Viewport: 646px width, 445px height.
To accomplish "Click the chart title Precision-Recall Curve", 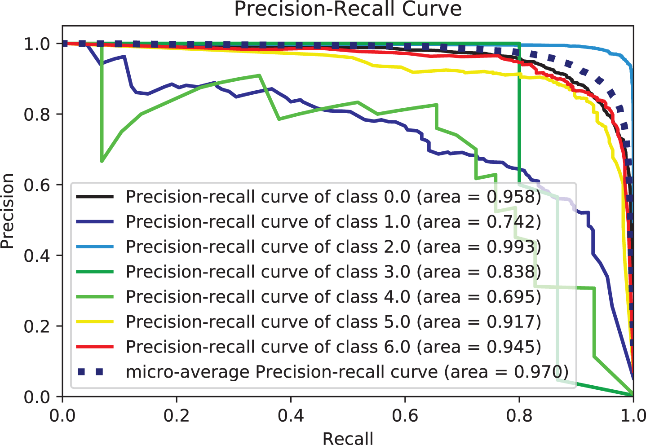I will pos(348,9).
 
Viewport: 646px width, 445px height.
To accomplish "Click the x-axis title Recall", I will pos(348,438).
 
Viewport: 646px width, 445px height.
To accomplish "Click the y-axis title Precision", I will pos(8,211).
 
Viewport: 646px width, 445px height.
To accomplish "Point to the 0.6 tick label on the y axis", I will pos(36,185).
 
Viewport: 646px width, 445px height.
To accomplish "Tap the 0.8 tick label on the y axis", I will pos(36,115).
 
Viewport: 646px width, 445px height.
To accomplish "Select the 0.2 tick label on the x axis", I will pos(177,415).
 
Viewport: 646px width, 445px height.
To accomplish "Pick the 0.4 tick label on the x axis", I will pos(291,415).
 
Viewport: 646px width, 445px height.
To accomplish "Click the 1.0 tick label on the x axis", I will pos(633,415).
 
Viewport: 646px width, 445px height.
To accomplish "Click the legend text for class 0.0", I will pos(333,197).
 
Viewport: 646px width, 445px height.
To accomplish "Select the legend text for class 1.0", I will pos(333,222).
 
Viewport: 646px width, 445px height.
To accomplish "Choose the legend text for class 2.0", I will pos(333,247).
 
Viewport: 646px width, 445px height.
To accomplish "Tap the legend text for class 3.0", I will pos(333,272).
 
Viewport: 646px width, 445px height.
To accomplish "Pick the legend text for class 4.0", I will pos(333,297).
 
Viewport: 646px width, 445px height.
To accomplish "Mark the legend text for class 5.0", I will pos(333,322).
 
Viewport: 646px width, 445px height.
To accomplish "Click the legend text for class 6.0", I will pos(333,347).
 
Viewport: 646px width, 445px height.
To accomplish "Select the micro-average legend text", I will pos(347,372).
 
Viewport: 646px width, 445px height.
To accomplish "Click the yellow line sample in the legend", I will pos(95,322).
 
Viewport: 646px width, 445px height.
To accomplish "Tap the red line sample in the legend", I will pos(95,347).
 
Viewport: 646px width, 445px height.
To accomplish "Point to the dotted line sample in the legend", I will pos(95,372).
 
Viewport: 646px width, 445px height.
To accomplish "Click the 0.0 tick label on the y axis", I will pos(36,397).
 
